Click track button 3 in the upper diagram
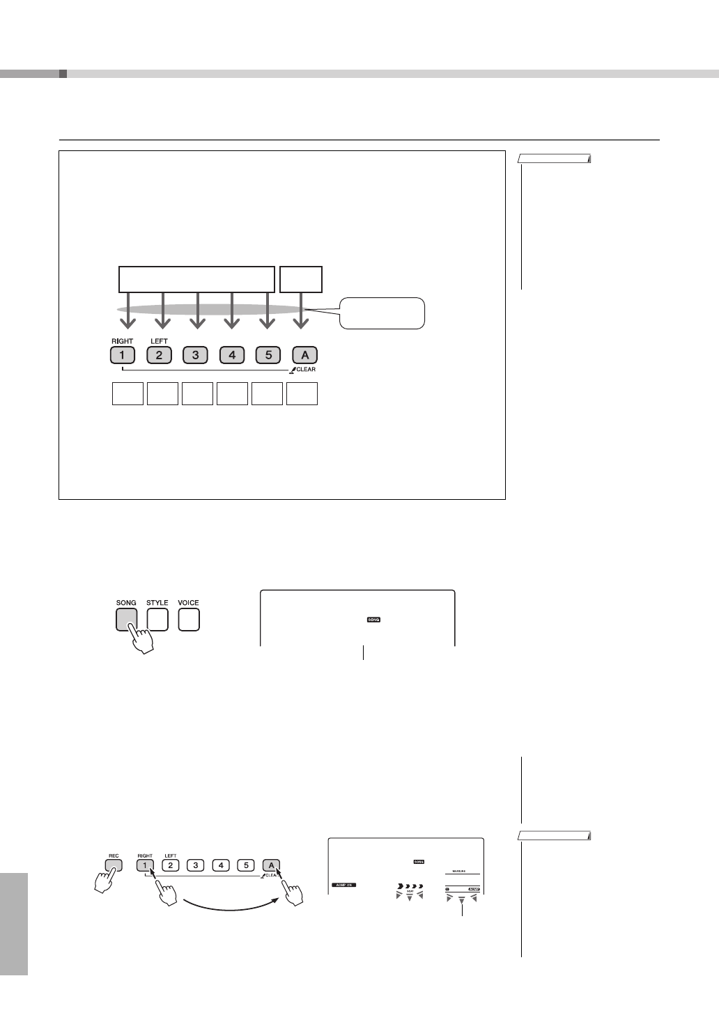click(195, 355)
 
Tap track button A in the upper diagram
click(304, 355)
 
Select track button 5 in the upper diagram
click(268, 355)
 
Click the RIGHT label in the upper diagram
click(122, 341)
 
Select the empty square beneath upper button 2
click(162, 393)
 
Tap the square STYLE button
click(157, 619)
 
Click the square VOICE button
click(189, 619)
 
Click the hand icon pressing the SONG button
click(141, 637)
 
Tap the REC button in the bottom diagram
click(114, 865)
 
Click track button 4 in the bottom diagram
click(220, 865)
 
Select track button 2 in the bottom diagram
click(171, 865)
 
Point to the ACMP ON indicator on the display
click(343, 885)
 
